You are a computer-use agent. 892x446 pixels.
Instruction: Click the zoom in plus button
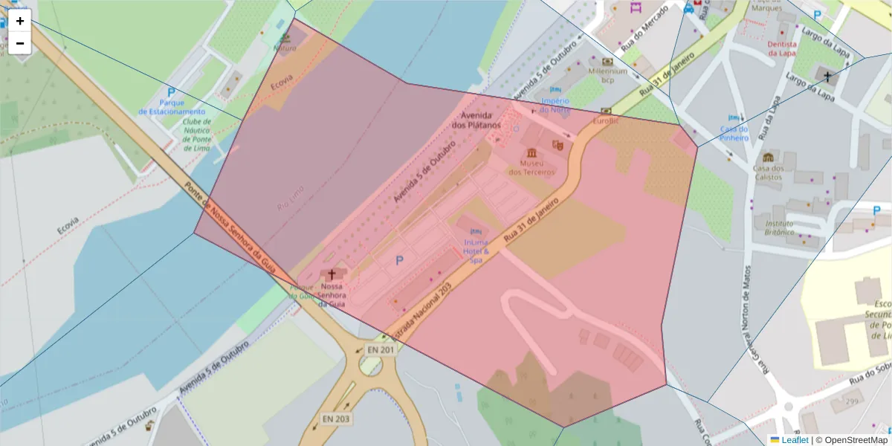[x=20, y=21]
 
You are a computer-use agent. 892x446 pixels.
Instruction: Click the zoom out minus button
[x=20, y=43]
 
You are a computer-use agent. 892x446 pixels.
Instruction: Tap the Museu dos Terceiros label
[x=531, y=167]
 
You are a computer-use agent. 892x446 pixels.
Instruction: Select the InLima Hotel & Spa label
[x=476, y=251]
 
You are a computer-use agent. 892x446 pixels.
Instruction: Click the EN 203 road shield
[x=336, y=419]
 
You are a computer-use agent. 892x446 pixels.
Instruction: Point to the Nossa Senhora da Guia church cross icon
[x=332, y=274]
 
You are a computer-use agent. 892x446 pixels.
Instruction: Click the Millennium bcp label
[x=608, y=75]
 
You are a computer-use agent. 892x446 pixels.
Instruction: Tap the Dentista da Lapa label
[x=783, y=48]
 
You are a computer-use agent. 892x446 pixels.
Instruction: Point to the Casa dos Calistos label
[x=768, y=172]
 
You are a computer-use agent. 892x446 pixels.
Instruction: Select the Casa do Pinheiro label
[x=734, y=133]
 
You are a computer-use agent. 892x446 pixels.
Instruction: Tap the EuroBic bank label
[x=605, y=120]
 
